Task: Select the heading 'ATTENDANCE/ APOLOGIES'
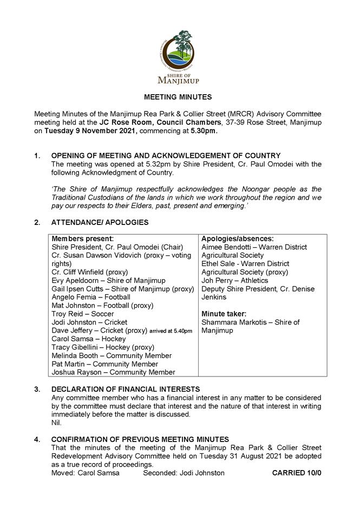(100, 222)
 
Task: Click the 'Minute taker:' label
(224, 314)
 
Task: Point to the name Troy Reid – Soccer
(83, 314)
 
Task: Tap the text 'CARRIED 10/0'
(297, 473)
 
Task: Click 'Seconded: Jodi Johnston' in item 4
(184, 473)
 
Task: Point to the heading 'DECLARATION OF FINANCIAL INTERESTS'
(126, 389)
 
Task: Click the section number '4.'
(37, 439)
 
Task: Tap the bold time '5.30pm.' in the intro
(202, 131)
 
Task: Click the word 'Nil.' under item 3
(56, 422)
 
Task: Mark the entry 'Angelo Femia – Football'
(91, 297)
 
